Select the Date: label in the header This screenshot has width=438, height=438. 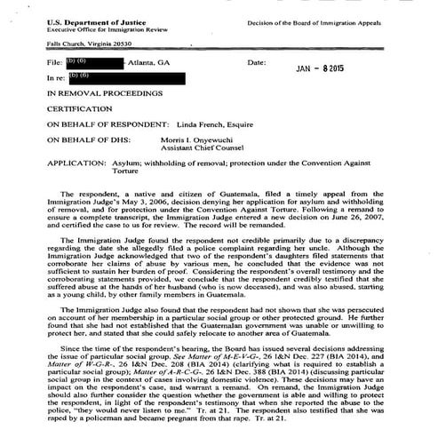coord(257,63)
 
